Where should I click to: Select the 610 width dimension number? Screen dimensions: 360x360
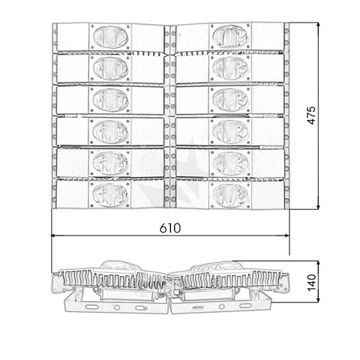tap(170, 229)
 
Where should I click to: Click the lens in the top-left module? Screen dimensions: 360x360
tap(110, 36)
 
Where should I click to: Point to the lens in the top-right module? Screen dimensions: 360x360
tap(230, 36)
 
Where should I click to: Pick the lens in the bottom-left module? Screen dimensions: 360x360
tap(110, 195)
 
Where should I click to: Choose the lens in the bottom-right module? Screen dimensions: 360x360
tap(230, 195)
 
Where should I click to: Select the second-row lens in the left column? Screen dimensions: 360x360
tap(110, 68)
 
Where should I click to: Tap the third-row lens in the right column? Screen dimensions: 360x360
tap(230, 100)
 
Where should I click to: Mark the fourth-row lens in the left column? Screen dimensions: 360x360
tap(110, 131)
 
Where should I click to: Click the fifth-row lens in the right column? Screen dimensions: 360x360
tap(230, 163)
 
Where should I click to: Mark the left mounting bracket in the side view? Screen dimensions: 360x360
tap(116, 304)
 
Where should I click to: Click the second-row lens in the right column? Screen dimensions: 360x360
tap(230, 68)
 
